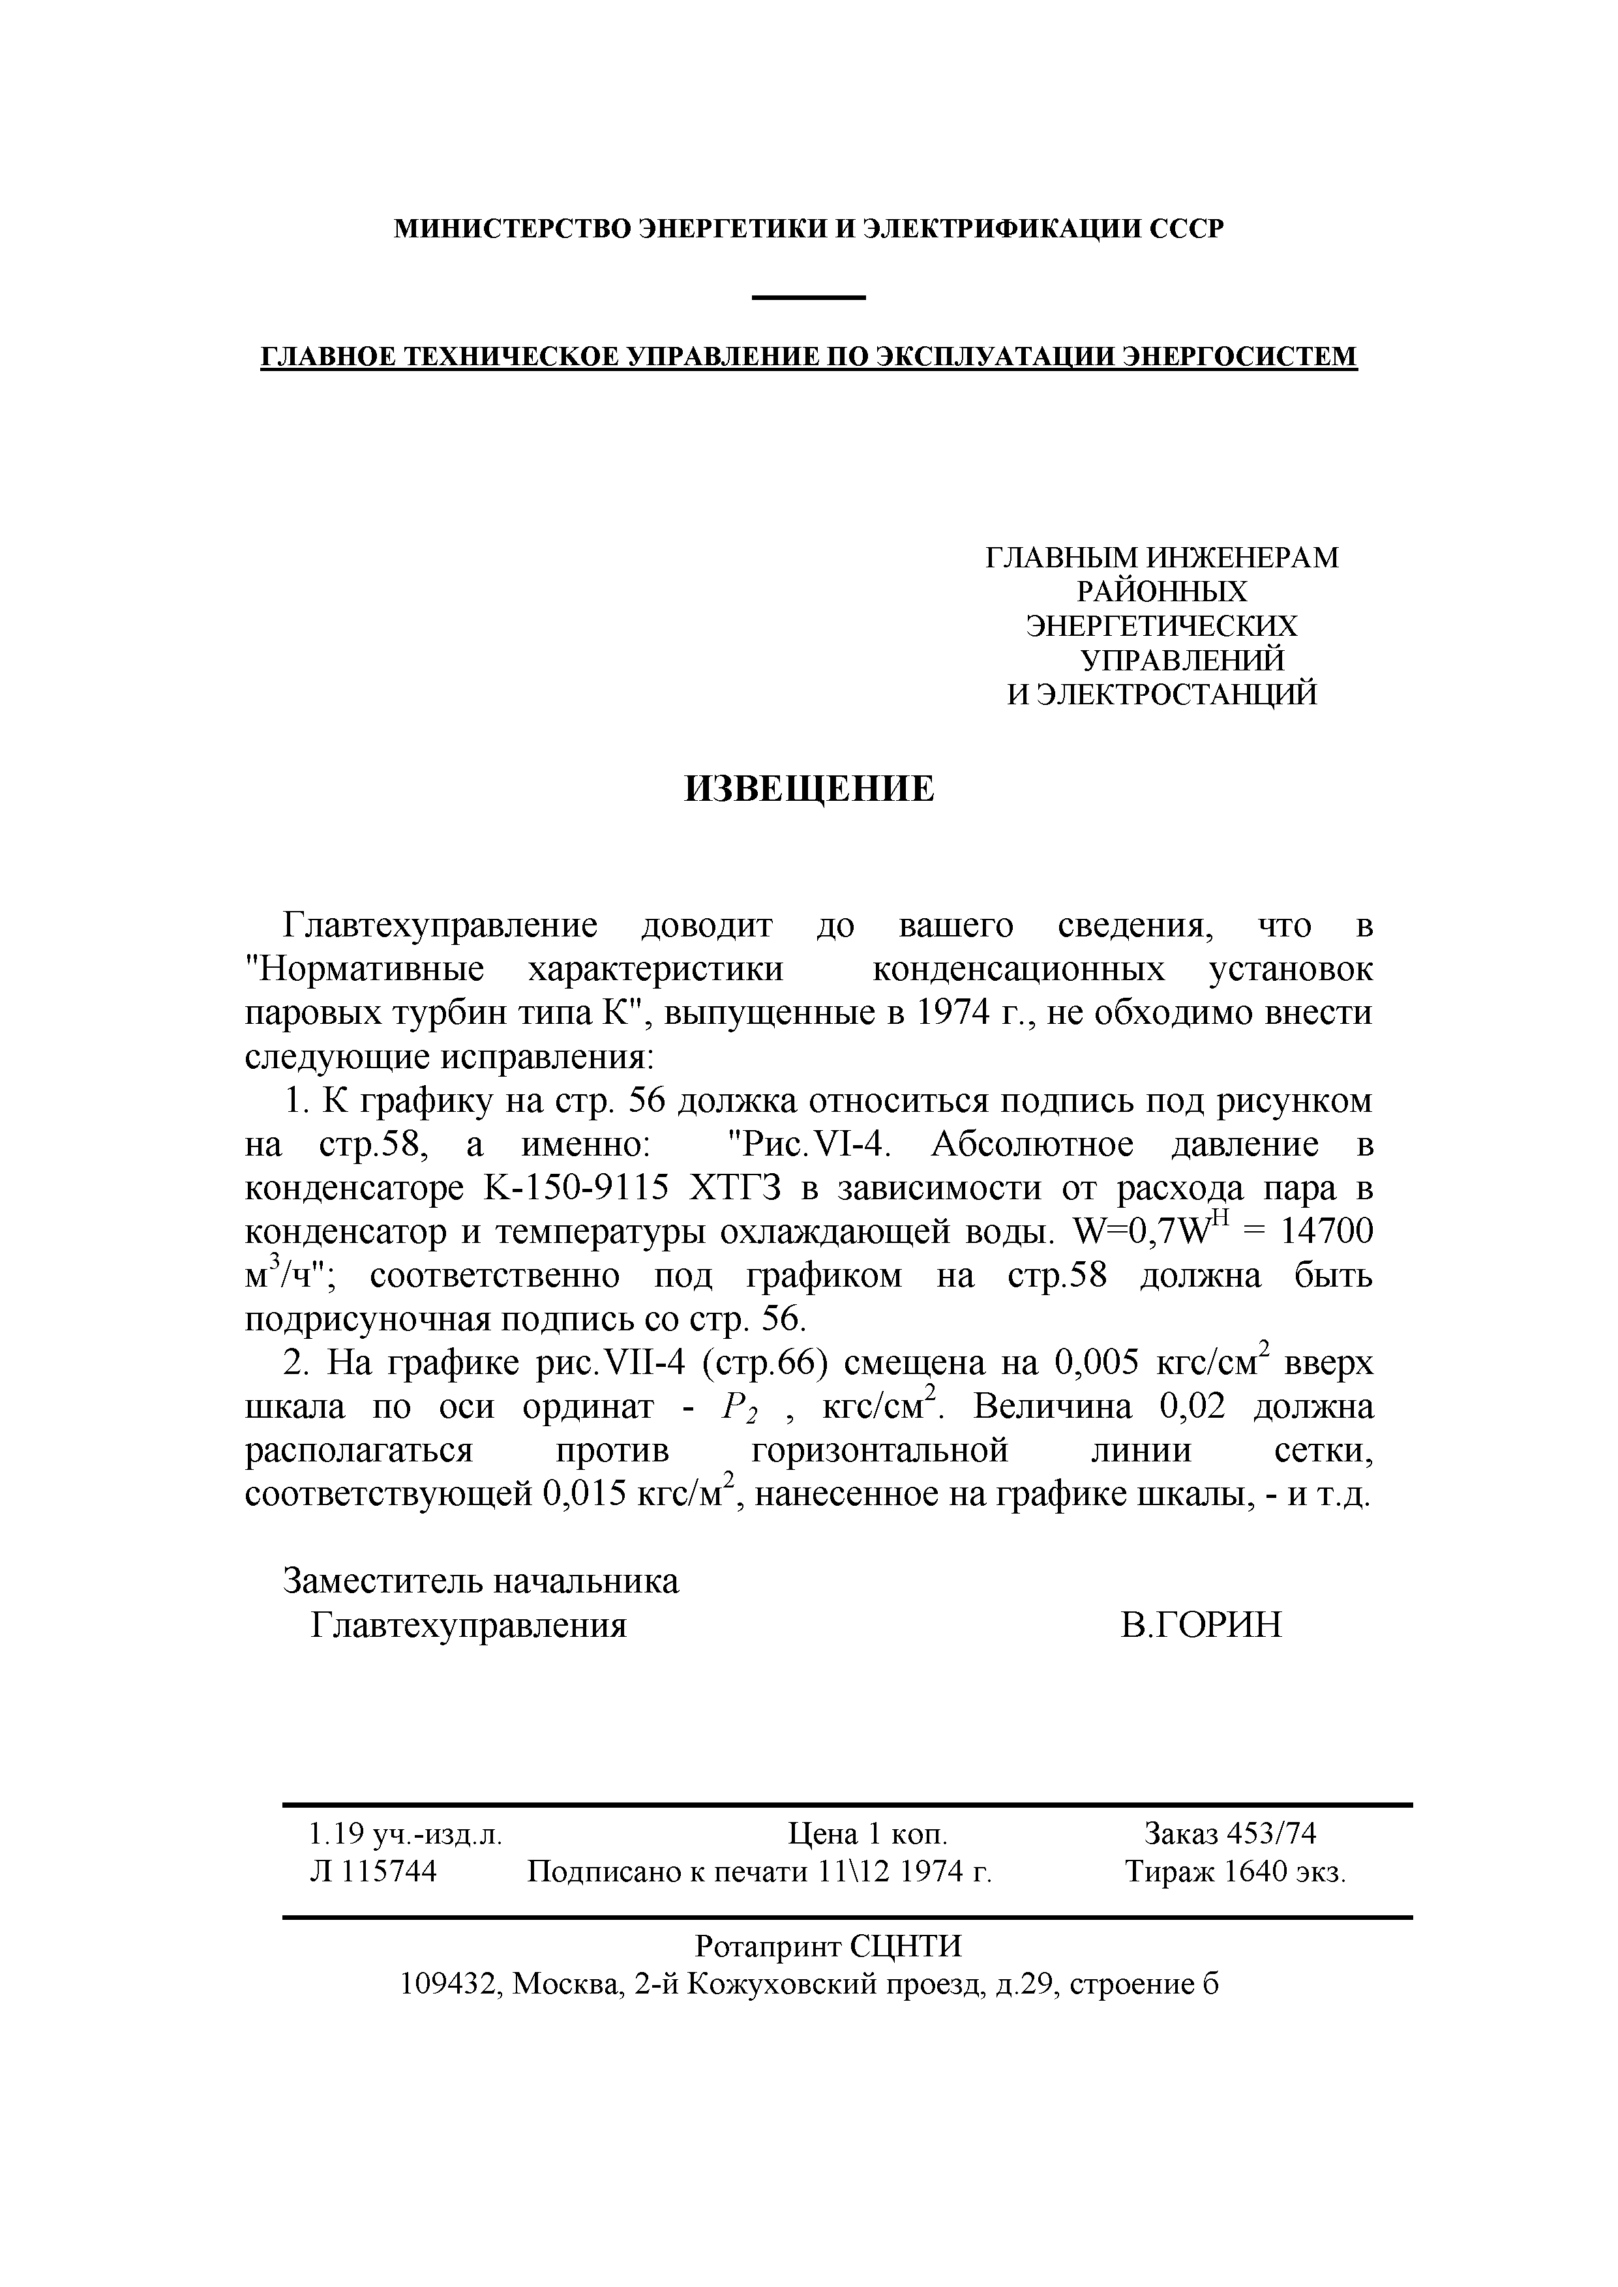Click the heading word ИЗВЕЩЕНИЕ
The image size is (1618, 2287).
click(x=809, y=789)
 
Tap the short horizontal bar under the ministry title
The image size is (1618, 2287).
click(x=809, y=297)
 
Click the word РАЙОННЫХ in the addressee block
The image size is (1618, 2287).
click(x=1161, y=593)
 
